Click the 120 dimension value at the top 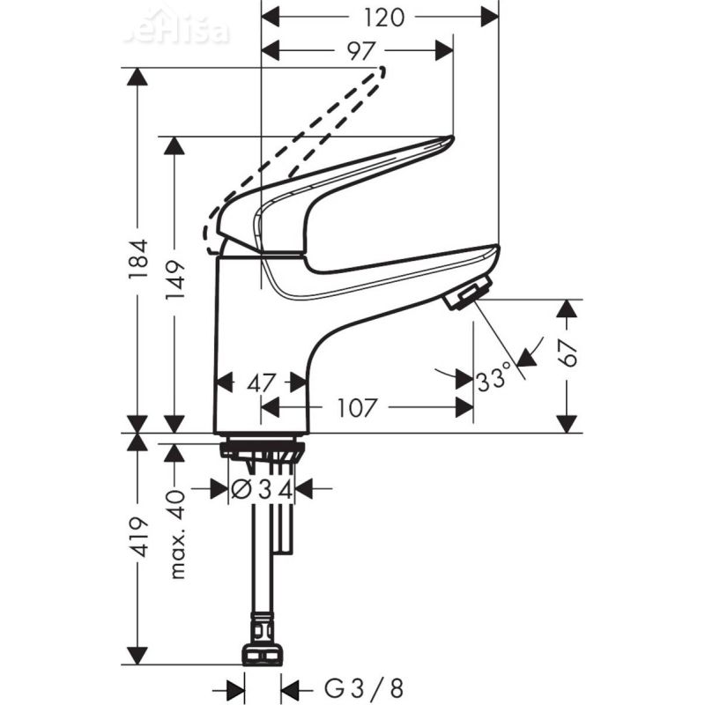click(x=382, y=17)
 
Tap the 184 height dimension click(x=137, y=259)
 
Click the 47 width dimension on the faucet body click(x=261, y=382)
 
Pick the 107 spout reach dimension click(x=357, y=408)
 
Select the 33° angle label click(x=493, y=380)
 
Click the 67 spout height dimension click(x=568, y=352)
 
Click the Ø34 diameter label click(x=261, y=488)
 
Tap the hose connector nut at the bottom click(x=263, y=654)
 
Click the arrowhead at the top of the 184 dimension click(x=137, y=76)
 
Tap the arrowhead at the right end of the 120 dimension click(x=489, y=17)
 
